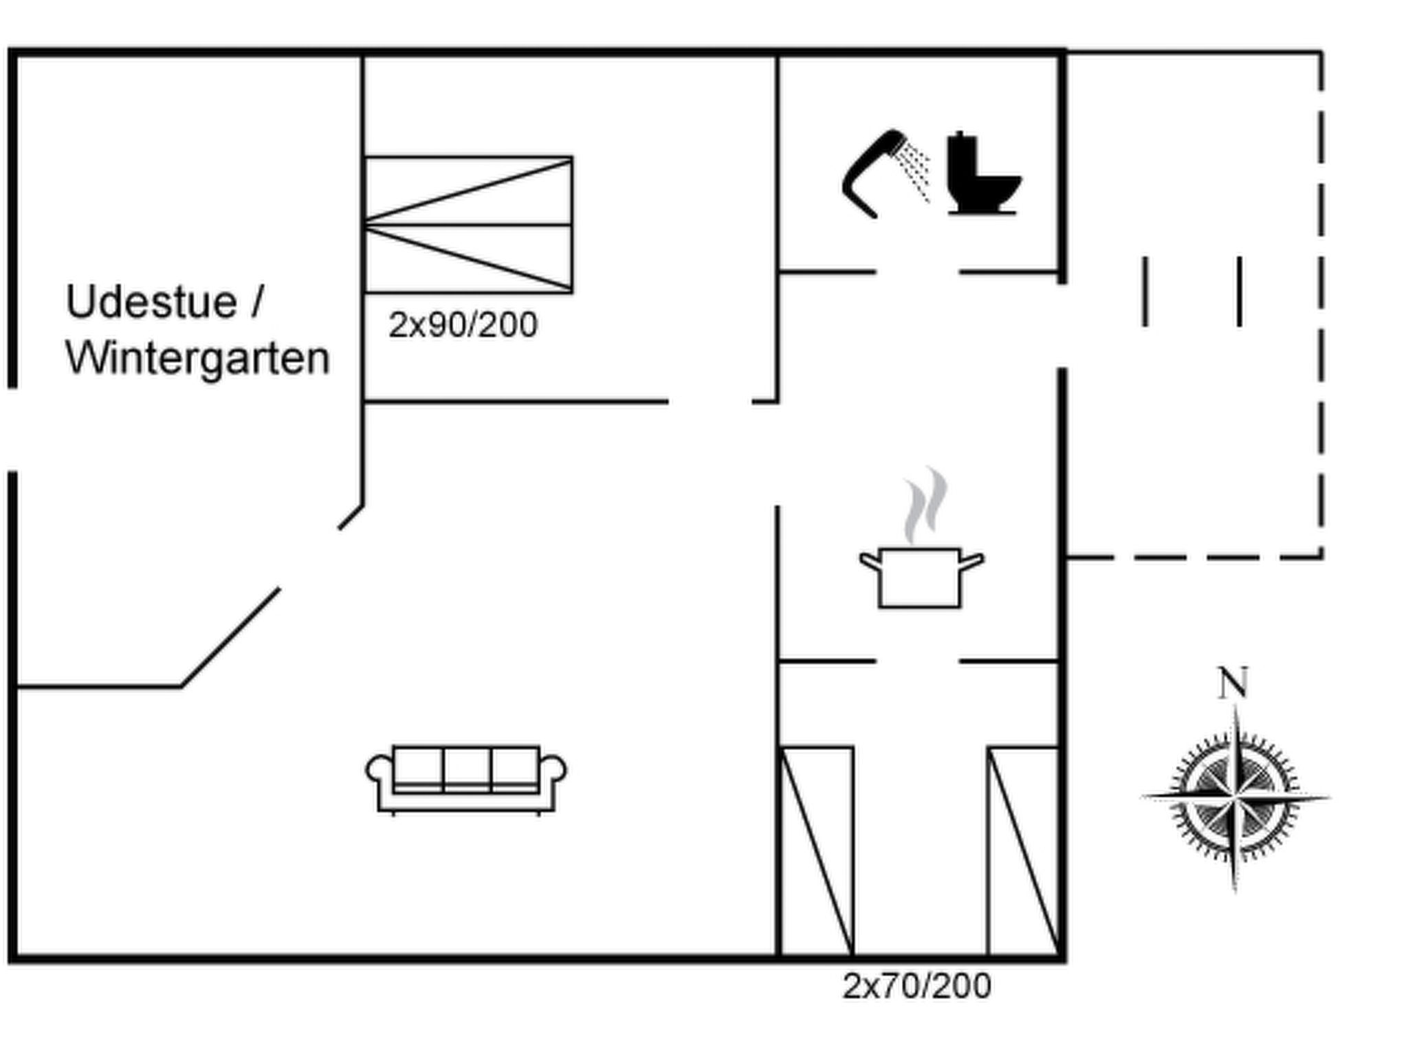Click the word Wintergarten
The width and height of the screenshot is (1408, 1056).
198,358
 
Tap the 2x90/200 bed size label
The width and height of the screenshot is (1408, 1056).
463,324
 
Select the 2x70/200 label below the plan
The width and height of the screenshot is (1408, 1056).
917,986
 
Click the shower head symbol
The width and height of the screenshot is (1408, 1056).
885,173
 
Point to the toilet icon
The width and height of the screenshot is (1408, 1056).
984,173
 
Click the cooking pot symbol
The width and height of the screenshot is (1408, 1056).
921,577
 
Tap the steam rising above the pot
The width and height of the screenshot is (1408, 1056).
925,505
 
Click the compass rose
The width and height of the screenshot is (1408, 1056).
1235,798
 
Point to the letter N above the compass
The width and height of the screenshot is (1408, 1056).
1233,682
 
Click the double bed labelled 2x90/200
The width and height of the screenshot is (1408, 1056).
468,225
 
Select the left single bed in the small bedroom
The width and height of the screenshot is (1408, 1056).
817,850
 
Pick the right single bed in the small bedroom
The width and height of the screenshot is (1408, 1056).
1023,850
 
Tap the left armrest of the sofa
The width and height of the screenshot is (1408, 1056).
379,770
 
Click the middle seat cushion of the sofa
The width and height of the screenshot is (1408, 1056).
467,768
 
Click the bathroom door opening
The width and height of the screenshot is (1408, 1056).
917,272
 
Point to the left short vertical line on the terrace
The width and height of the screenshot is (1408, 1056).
1145,291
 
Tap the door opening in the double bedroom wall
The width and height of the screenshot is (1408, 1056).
710,401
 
